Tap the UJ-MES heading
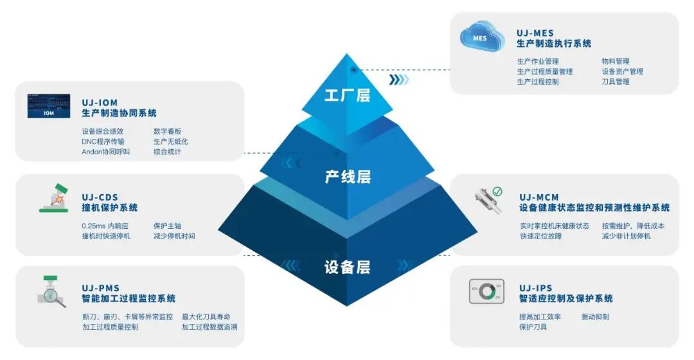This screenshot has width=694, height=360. point(535,33)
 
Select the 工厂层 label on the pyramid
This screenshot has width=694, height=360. point(347,96)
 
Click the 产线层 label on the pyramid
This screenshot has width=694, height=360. point(348,176)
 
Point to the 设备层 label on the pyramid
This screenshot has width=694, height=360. point(347,267)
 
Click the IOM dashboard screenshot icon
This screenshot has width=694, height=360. point(49,106)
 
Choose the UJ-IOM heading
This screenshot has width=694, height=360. point(100,102)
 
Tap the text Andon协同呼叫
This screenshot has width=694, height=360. point(105,152)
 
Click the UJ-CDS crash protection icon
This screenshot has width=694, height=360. point(54,198)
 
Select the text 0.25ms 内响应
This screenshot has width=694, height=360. point(105,226)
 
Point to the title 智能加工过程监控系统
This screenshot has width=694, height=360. point(129,298)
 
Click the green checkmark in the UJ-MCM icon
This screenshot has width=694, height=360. point(497,192)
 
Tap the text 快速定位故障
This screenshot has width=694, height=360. point(540,236)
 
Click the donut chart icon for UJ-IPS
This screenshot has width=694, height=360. point(486,292)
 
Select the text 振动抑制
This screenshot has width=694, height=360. point(595,316)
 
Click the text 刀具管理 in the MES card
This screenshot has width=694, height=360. point(615,82)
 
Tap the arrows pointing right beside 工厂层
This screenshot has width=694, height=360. point(398,80)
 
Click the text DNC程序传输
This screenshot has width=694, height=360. point(103,141)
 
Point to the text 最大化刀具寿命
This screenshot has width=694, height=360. point(206,316)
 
